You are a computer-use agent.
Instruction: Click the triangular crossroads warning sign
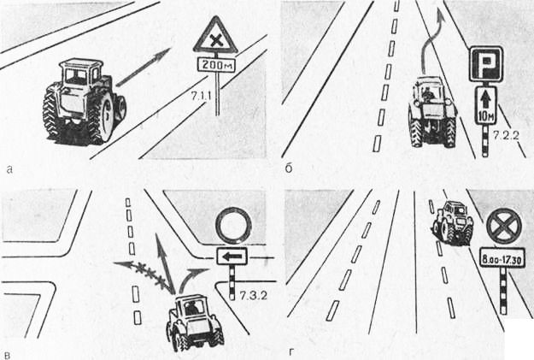tap(215, 38)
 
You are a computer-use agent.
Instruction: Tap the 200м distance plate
tap(216, 64)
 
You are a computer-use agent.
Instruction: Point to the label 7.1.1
tap(201, 97)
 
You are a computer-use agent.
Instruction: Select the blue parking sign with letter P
tap(486, 64)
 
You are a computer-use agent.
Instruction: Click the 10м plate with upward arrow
tap(486, 105)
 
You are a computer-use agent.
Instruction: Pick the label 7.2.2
tap(507, 135)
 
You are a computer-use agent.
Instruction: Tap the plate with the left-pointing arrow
tap(232, 256)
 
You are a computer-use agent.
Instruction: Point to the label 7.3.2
tap(253, 296)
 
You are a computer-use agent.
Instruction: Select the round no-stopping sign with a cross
tap(504, 227)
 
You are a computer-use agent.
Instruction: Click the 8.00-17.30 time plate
tap(502, 259)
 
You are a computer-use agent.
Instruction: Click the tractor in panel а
tap(85, 103)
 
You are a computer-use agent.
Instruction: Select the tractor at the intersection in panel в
tap(194, 322)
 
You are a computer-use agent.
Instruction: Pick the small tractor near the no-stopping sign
tap(454, 223)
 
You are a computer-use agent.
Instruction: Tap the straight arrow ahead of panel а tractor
tap(143, 68)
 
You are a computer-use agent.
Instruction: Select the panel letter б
tap(289, 168)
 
